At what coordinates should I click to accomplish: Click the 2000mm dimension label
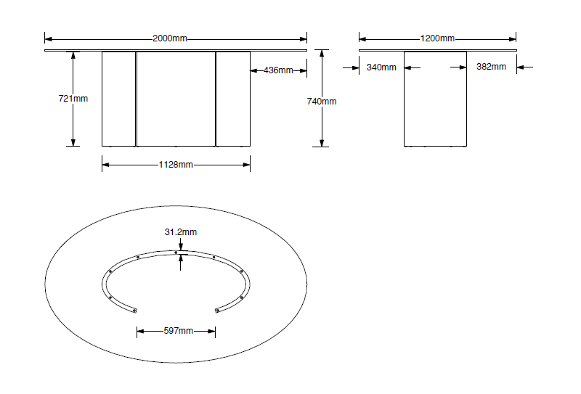tap(170, 38)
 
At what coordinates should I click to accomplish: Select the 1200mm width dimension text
tap(437, 38)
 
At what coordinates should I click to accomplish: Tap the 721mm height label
tap(73, 99)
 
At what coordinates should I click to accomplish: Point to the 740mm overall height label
tap(322, 101)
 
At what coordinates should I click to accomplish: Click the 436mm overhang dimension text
tap(278, 70)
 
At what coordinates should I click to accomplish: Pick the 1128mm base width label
tap(176, 165)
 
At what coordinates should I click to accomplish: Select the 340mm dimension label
tap(381, 67)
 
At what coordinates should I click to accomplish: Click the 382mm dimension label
tap(491, 67)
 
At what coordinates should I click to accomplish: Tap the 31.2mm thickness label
tap(180, 232)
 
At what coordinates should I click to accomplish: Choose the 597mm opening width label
tap(179, 331)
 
